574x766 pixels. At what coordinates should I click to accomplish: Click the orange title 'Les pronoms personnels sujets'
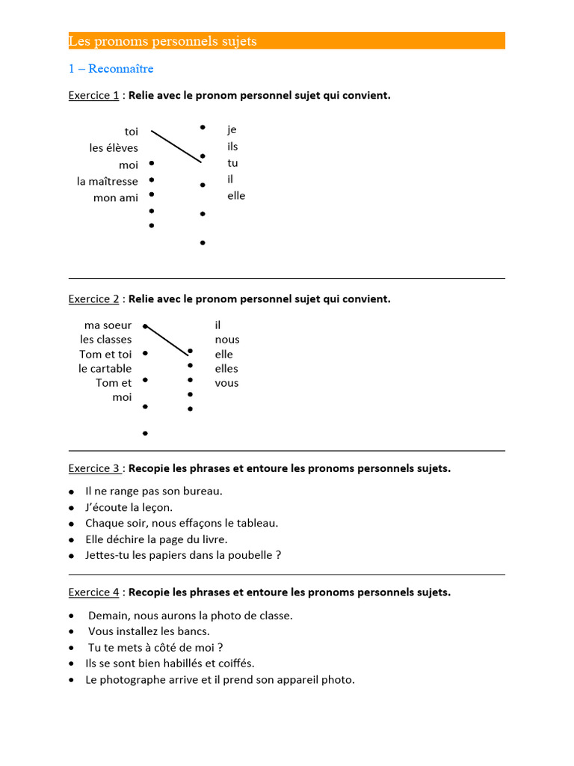pos(162,41)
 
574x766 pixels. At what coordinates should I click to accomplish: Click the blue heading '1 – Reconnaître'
pos(111,69)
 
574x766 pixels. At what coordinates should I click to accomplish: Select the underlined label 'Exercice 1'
pos(93,95)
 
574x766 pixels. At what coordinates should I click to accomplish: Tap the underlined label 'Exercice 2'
pos(93,298)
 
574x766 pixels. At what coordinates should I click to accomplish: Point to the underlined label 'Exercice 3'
pos(94,468)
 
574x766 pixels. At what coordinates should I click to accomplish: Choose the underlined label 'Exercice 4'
pos(94,592)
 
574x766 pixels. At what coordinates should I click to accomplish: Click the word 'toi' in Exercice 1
pos(131,132)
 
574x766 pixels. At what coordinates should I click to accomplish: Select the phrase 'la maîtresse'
pos(108,181)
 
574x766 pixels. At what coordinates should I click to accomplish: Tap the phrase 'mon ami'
pos(116,197)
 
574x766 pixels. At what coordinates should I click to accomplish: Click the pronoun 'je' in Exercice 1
pos(232,129)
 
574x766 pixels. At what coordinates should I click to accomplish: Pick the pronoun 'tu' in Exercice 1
pos(232,162)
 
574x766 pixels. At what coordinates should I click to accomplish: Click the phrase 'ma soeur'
pos(108,325)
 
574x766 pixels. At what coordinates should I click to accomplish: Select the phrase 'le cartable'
pos(105,368)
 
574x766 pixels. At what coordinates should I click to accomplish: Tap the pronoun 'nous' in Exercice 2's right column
pos(227,340)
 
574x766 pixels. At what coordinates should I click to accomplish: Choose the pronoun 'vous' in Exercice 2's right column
pos(227,382)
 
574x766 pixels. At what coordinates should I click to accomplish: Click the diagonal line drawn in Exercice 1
pos(176,146)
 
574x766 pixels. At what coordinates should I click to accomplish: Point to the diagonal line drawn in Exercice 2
pos(167,340)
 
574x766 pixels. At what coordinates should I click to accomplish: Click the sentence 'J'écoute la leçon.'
pos(129,507)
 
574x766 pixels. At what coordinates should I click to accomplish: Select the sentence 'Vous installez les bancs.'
pos(149,631)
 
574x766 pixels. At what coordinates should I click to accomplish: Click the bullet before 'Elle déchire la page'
pos(71,539)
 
